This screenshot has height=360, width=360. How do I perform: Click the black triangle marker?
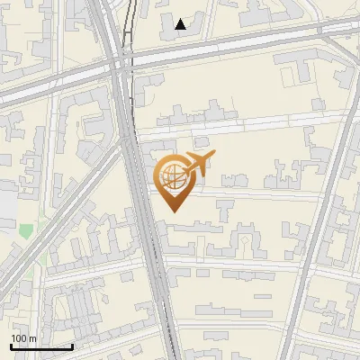(181, 24)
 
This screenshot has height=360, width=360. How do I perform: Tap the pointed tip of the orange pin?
(173, 211)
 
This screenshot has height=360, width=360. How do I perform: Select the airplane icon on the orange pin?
(198, 164)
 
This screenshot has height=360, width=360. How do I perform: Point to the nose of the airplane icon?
(212, 156)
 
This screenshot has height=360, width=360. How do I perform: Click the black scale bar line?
(41, 346)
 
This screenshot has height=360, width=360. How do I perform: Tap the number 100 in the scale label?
(20, 338)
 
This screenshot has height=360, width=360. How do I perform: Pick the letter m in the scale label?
(33, 338)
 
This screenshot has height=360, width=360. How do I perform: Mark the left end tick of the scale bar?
(11, 345)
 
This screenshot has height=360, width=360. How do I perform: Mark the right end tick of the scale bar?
(72, 345)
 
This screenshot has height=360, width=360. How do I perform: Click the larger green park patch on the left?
(26, 230)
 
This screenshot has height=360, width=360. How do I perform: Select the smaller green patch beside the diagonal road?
(41, 259)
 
